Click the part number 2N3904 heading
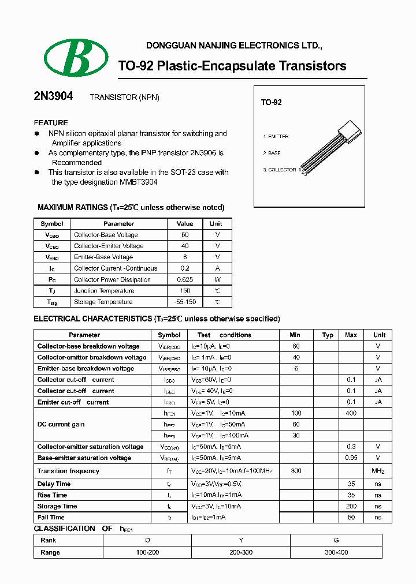pyautogui.click(x=53, y=97)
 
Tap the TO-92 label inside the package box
pyautogui.click(x=271, y=102)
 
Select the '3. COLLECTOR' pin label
pyautogui.click(x=280, y=170)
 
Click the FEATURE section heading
pyautogui.click(x=51, y=123)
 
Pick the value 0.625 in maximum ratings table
pyautogui.click(x=185, y=280)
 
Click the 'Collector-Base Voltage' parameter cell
pyautogui.click(x=106, y=235)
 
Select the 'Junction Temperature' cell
pyautogui.click(x=104, y=291)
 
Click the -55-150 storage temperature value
pyautogui.click(x=185, y=302)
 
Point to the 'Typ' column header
pyautogui.click(x=328, y=335)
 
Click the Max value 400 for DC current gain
pyautogui.click(x=351, y=413)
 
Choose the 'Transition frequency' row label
pyautogui.click(x=68, y=471)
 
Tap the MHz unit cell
pyautogui.click(x=378, y=471)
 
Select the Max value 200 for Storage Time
pyautogui.click(x=351, y=506)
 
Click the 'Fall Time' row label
pyautogui.click(x=51, y=518)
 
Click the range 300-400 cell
pyautogui.click(x=336, y=552)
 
